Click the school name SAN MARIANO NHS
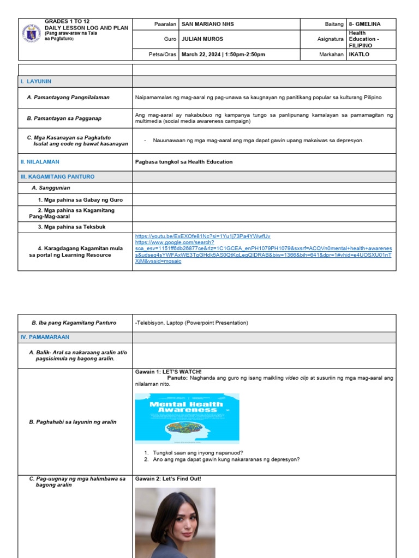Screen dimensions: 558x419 coord(207,24)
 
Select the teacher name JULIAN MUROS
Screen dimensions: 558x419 coord(202,39)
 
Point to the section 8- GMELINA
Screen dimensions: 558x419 coord(364,24)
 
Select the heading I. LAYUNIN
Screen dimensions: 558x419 coord(36,81)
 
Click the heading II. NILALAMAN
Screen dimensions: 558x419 coord(40,162)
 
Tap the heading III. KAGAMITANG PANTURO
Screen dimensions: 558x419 coord(57,177)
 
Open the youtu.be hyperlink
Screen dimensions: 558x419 coord(202,236)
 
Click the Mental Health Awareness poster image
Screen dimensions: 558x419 coord(187,418)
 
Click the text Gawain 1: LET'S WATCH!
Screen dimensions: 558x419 coord(168,372)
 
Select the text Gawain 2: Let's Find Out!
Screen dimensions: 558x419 coord(168,479)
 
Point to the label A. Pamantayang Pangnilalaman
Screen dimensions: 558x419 coord(68,98)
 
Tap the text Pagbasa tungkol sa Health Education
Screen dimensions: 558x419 coord(183,162)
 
